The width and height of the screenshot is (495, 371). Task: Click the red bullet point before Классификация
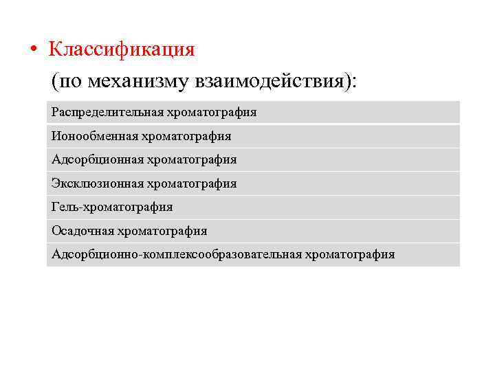pos(34,51)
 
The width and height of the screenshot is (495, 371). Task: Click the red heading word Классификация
pos(122,50)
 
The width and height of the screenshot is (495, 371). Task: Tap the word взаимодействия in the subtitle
pos(272,82)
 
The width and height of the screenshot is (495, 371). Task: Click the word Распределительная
pos(108,112)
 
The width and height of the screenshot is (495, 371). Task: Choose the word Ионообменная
pos(95,136)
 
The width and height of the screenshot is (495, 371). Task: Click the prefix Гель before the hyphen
pos(65,207)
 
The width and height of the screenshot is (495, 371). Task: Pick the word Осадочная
pos(82,231)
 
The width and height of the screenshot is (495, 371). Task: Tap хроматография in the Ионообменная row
pos(187,136)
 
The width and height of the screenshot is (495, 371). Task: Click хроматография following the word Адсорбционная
pos(192,159)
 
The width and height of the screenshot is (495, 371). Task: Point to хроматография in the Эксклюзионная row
pos(192,183)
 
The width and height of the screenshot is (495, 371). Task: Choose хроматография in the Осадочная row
pos(162,231)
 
